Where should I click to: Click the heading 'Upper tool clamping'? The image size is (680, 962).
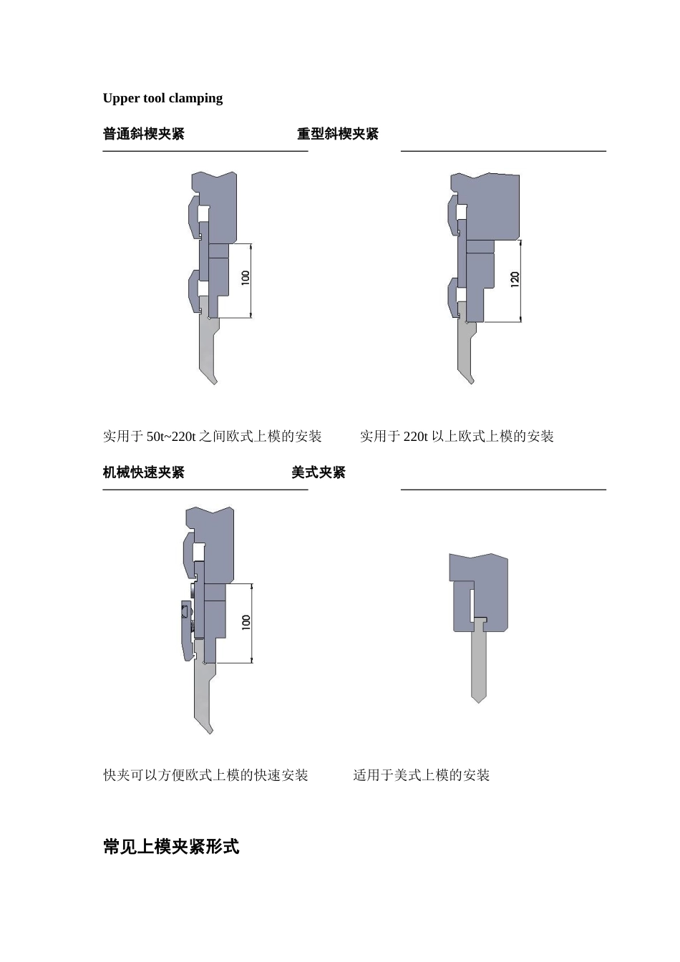162,98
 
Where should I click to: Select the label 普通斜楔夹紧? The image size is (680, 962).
144,134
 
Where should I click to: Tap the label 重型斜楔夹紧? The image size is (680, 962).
338,134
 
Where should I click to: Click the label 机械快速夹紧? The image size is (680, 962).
144,472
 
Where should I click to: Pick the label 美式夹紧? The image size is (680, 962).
319,472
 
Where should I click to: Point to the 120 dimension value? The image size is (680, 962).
515,280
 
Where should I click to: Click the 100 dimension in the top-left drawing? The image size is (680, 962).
246,278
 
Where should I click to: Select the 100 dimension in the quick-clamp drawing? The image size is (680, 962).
246,623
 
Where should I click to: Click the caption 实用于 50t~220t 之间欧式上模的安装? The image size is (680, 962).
213,437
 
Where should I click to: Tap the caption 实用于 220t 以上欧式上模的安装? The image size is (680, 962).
457,437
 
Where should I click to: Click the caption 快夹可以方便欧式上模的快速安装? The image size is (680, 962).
205,775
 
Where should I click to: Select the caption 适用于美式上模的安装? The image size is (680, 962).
422,775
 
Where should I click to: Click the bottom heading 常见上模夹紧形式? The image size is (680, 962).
171,847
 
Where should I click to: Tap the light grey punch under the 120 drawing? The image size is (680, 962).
465,351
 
